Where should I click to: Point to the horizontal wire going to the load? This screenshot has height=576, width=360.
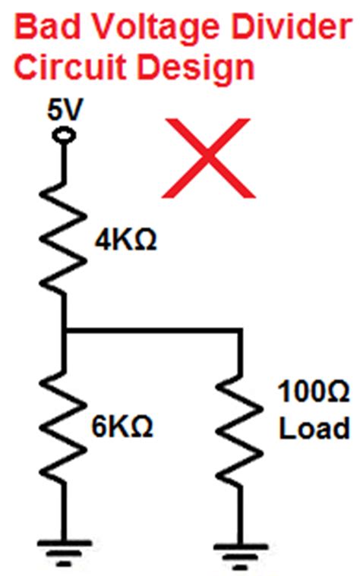152,331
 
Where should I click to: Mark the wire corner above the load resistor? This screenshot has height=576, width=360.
240,331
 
